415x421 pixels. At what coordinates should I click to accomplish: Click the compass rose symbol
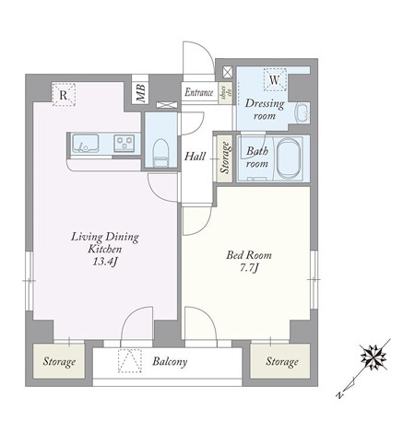(373, 357)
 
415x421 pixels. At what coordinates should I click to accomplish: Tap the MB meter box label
(141, 93)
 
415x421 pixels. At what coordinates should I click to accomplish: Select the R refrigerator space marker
(64, 95)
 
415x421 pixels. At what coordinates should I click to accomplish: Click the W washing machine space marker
(275, 80)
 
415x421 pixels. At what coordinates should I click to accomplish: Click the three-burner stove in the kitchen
(125, 143)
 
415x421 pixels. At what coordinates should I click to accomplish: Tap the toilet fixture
(160, 154)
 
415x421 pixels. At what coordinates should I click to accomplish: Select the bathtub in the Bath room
(288, 159)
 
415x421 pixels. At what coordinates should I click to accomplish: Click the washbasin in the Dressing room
(302, 113)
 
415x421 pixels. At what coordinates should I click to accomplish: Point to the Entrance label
(199, 92)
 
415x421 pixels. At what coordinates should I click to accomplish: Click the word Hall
(195, 157)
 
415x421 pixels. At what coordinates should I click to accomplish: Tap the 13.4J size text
(105, 262)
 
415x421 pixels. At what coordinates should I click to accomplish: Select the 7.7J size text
(249, 268)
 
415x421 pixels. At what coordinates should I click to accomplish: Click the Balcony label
(170, 362)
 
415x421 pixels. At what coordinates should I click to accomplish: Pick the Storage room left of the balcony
(59, 361)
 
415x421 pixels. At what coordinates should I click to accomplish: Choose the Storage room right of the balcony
(280, 361)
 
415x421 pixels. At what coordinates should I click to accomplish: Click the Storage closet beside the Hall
(225, 158)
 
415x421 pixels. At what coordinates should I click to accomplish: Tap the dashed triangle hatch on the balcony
(130, 361)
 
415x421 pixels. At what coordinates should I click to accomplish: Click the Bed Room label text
(249, 255)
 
